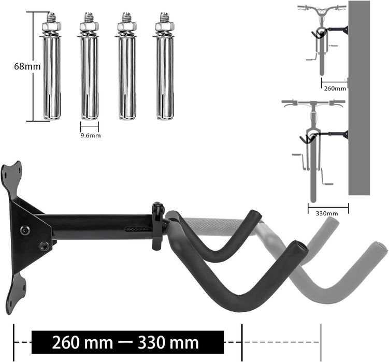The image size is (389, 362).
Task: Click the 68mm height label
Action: tap(27, 66)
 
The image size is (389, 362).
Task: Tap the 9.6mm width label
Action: tap(91, 136)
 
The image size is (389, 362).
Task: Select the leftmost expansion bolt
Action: tap(51, 66)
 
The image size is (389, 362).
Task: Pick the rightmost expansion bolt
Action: tap(165, 66)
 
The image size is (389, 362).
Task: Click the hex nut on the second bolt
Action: tap(89, 26)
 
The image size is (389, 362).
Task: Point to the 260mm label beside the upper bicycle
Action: tap(335, 89)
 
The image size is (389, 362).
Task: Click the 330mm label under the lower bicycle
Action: tap(327, 213)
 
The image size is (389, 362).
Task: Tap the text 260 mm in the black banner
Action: tap(82, 343)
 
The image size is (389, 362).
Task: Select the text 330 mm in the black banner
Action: tap(168, 343)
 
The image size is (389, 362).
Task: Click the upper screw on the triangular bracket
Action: tap(24, 230)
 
